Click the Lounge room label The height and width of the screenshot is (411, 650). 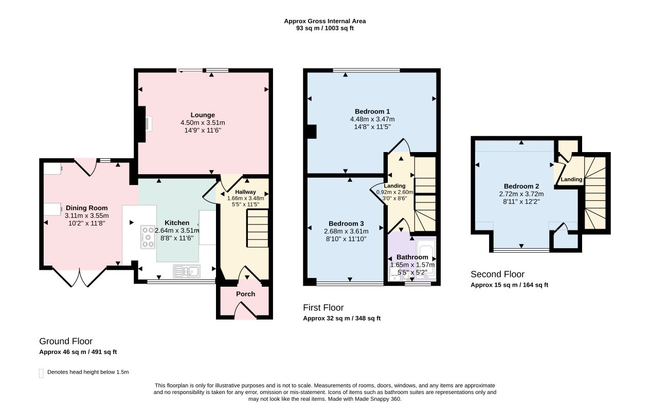[x=203, y=115]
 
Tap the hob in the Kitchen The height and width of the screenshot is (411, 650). [x=148, y=237]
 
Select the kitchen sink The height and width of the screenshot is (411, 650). [x=187, y=271]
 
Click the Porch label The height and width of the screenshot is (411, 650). [x=245, y=294]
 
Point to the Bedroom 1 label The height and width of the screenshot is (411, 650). [x=372, y=111]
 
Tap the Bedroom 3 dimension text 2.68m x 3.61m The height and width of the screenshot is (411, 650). [x=346, y=231]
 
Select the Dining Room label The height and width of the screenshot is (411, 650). [x=87, y=208]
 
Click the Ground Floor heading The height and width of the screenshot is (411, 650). [x=66, y=341]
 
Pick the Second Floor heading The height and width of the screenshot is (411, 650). [x=497, y=274]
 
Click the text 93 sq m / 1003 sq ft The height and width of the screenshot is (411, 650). [x=325, y=28]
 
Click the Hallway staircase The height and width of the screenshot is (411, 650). [x=258, y=229]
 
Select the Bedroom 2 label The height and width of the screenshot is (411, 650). [x=521, y=186]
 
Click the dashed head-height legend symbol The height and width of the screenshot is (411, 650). [x=41, y=373]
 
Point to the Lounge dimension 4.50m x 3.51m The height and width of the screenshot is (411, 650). [x=203, y=123]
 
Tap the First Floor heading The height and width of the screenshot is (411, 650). [x=323, y=308]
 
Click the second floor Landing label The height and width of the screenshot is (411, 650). [x=571, y=179]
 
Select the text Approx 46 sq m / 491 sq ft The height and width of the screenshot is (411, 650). [x=78, y=352]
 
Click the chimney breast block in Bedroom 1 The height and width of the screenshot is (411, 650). [x=312, y=132]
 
